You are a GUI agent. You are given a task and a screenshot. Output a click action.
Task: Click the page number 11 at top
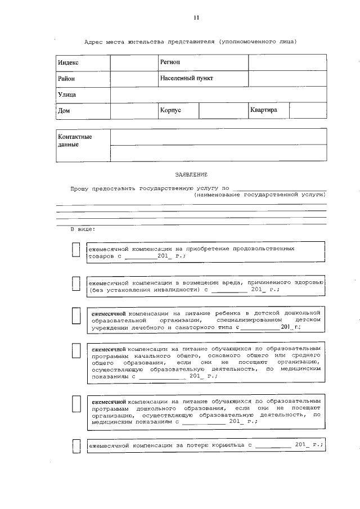(196, 18)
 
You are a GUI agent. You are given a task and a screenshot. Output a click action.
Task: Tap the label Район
(66, 79)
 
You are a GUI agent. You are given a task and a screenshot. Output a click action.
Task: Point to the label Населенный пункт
(186, 79)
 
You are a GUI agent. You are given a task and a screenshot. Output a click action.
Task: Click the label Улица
(67, 94)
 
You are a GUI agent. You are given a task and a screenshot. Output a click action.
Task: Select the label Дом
(64, 111)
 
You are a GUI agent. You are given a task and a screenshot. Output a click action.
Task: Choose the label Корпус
(170, 111)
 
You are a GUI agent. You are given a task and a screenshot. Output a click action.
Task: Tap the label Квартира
(264, 110)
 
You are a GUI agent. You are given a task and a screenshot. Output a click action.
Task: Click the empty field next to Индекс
(134, 62)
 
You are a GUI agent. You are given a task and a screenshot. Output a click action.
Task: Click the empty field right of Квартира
(308, 111)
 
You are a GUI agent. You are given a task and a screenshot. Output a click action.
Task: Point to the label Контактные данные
(75, 141)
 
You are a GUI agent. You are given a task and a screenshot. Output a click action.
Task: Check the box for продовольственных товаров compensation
(76, 250)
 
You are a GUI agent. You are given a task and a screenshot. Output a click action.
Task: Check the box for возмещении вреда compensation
(76, 284)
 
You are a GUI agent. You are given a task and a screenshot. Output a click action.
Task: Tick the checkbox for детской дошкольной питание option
(76, 317)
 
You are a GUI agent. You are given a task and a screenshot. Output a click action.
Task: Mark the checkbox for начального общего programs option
(76, 350)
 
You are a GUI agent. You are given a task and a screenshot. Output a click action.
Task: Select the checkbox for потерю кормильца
(76, 447)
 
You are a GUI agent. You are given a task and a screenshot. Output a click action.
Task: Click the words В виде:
(83, 229)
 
